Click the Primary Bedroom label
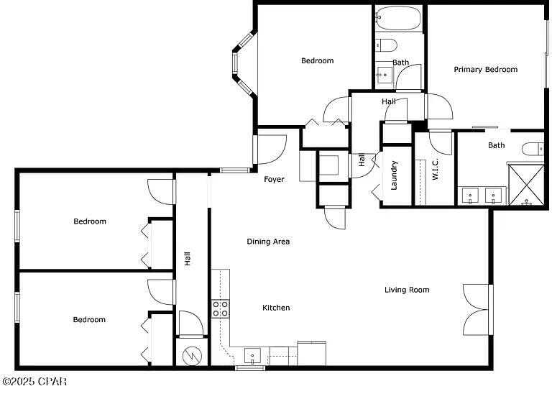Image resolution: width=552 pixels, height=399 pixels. pos(485,70)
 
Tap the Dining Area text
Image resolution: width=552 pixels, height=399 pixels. pos(268,242)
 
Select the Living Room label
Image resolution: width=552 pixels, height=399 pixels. pos(407,290)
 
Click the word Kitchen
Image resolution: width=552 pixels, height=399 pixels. pos(276,308)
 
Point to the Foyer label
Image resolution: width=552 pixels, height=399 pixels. pos(274,179)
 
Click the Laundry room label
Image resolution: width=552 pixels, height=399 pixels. pos(394,175)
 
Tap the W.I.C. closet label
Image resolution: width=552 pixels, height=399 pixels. pos(435,169)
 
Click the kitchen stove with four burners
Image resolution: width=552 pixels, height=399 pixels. pos(221,309)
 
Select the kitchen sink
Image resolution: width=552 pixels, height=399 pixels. pos(252,356)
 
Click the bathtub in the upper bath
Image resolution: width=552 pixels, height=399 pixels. pos(398,18)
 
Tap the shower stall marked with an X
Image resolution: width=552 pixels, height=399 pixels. pos(526,185)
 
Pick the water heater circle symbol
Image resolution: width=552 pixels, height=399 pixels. pos(192,356)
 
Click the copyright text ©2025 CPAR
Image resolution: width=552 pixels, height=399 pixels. pos(34,382)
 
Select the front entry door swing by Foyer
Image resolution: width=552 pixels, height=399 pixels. pos(270,150)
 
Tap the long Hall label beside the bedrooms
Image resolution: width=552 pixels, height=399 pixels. pos(188,259)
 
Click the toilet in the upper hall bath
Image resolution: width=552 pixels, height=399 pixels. pos(386,45)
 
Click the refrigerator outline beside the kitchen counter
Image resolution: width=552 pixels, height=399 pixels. pos(311,354)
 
